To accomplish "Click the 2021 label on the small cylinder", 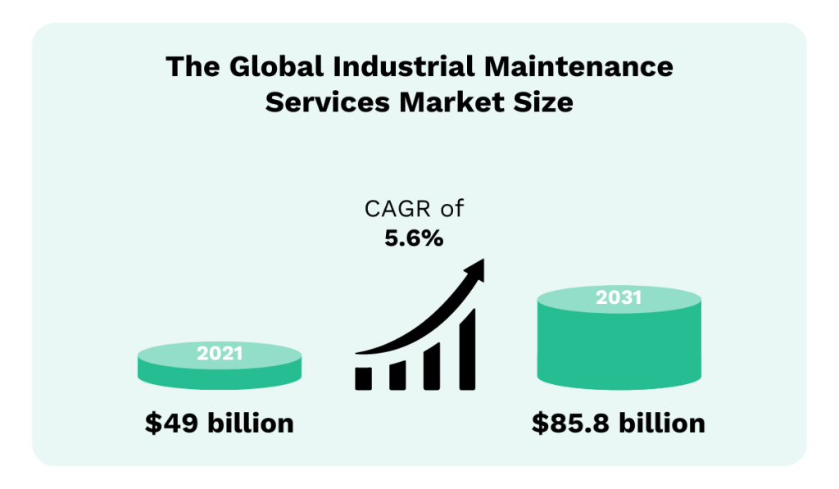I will click(220, 354).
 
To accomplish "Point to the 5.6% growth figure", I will click(414, 238).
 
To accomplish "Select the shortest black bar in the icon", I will click(364, 377).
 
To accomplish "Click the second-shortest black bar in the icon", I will click(398, 374).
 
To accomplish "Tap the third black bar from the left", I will click(432, 364).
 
